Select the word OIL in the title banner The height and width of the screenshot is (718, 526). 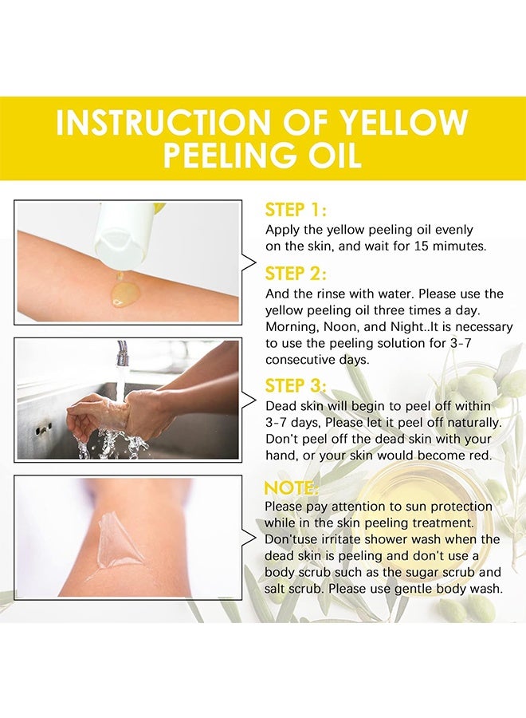click(x=331, y=155)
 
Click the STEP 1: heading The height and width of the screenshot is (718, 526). click(x=296, y=210)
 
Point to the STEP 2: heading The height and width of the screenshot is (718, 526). click(x=296, y=274)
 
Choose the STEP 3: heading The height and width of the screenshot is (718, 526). click(x=296, y=385)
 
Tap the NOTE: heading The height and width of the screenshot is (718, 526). click(x=292, y=487)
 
